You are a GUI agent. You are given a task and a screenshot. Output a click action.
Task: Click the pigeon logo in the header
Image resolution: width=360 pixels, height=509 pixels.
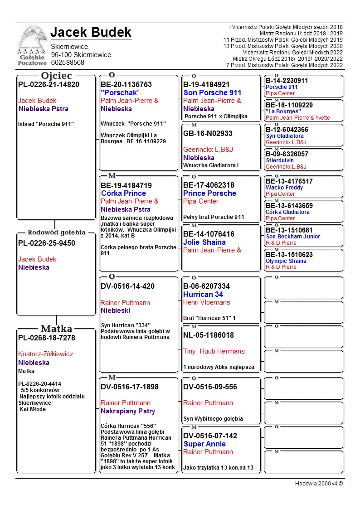(x=32, y=41)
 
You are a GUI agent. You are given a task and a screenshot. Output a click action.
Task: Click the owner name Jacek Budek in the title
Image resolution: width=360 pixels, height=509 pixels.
(x=91, y=33)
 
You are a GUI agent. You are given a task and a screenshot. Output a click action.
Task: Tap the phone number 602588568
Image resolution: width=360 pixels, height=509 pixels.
(x=68, y=63)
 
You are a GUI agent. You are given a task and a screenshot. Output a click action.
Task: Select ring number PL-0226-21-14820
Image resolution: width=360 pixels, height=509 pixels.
(x=49, y=85)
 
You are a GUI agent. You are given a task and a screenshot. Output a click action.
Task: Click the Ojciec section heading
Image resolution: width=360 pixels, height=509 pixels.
(x=56, y=76)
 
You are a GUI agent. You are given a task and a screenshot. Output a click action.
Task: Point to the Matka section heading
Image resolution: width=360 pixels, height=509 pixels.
(x=56, y=329)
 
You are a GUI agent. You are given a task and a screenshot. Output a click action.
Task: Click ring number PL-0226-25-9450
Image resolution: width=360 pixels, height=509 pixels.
(x=47, y=243)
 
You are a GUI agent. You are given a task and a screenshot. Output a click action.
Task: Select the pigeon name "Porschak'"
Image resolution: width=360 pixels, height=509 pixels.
(x=120, y=92)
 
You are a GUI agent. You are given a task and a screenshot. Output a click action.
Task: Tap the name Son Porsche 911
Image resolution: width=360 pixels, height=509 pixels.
(x=212, y=92)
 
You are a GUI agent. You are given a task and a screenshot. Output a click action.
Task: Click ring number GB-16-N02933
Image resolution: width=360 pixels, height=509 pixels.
(x=208, y=133)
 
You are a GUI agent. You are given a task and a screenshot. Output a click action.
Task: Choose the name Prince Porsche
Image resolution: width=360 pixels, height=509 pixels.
(x=209, y=193)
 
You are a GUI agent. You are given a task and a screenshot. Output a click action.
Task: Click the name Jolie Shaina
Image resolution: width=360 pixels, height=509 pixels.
(x=204, y=242)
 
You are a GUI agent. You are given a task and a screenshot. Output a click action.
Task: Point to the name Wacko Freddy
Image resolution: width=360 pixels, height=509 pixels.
(x=284, y=188)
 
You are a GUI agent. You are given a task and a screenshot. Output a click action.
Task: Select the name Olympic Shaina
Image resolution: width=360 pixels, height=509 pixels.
(x=286, y=261)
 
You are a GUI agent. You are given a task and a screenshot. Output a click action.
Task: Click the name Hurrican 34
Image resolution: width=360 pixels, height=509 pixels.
(x=203, y=294)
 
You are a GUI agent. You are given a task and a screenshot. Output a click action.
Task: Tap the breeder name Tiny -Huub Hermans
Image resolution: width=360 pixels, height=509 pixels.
(x=214, y=351)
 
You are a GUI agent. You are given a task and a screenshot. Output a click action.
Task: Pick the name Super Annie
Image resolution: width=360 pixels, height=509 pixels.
(x=204, y=444)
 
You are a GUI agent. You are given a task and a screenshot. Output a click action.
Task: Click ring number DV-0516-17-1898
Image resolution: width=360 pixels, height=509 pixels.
(x=130, y=387)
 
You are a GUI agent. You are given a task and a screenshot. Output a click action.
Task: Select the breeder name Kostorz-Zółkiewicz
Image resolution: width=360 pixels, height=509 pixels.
(x=45, y=354)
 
